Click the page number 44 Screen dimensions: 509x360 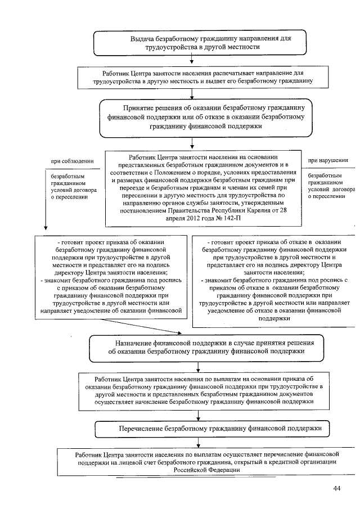(337, 488)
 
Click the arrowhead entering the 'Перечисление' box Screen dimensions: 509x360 (192, 417)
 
